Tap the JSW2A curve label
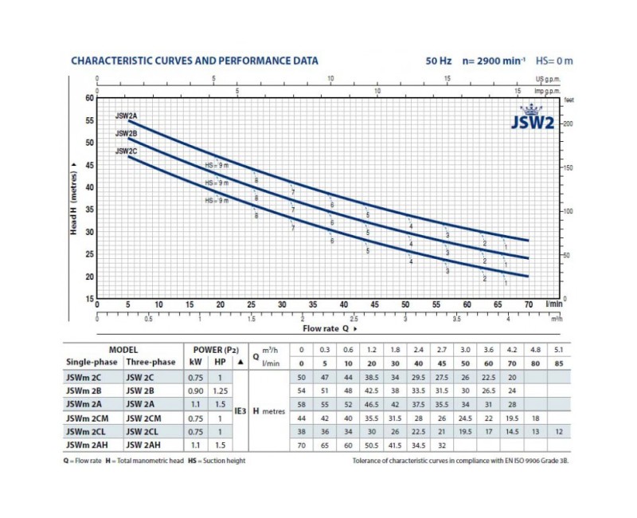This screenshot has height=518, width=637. (x=127, y=116)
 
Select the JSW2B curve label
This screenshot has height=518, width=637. (x=127, y=133)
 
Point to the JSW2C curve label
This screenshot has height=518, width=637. (x=127, y=151)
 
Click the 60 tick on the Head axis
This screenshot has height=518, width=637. (x=89, y=99)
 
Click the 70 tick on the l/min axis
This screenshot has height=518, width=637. (x=528, y=304)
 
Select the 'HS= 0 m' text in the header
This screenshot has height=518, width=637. (x=554, y=61)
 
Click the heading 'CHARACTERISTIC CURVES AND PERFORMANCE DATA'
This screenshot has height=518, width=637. (x=194, y=61)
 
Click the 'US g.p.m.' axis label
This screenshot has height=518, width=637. (x=549, y=80)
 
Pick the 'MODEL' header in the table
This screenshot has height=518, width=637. (x=123, y=349)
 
